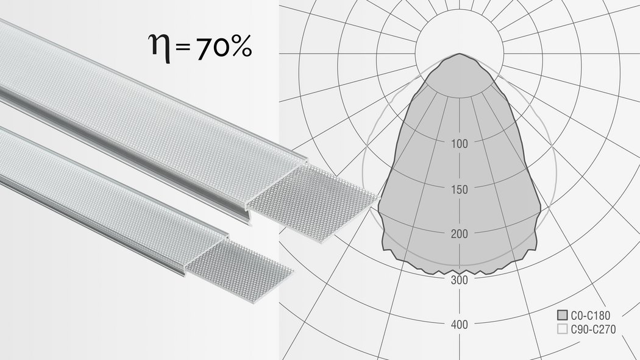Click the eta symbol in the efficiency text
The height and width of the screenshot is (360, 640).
tap(160, 49)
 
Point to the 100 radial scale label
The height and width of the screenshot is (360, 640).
tap(459, 144)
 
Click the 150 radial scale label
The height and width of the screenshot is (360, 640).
tap(459, 189)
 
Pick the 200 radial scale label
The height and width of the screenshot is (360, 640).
tap(459, 234)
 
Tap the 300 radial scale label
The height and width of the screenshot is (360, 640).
tap(459, 280)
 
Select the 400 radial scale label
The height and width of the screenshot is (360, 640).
tap(459, 325)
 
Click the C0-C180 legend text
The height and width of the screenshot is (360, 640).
tap(590, 316)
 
